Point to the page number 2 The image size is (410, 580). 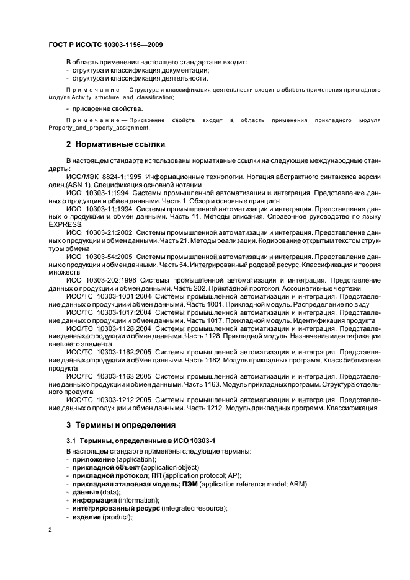coord(50,530)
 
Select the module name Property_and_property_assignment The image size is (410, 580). coord(99,128)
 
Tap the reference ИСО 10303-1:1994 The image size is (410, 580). coord(97,193)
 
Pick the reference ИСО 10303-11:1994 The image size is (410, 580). coord(99,209)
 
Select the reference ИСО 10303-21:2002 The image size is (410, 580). coord(99,233)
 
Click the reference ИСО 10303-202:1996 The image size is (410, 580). coord(100,281)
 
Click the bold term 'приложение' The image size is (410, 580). coord(93,460)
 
